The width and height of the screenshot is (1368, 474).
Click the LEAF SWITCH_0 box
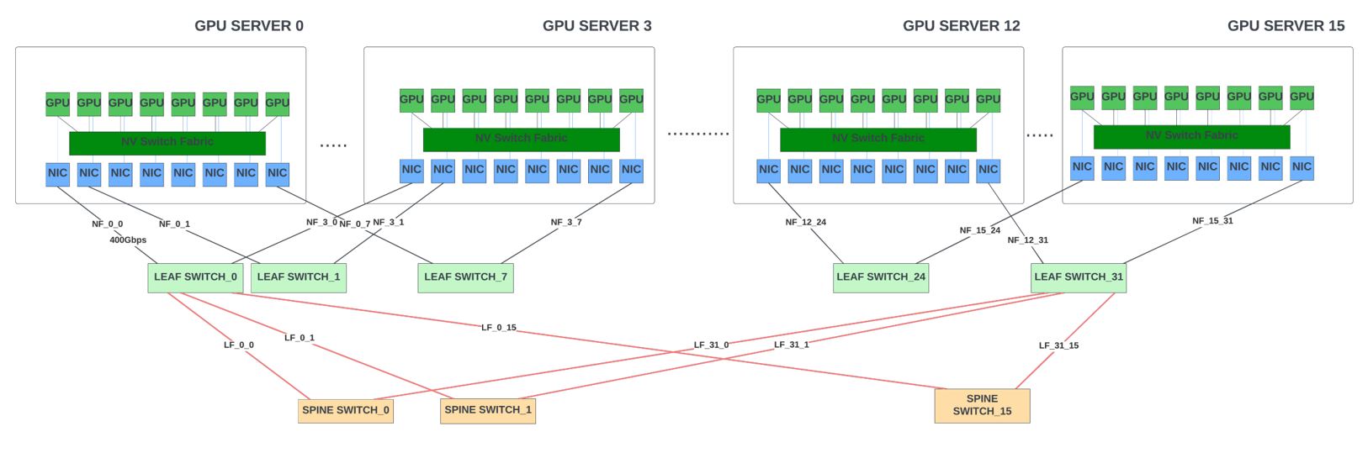tap(195, 277)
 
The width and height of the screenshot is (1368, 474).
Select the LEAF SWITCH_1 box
tap(299, 277)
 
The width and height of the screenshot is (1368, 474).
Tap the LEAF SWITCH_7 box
tap(465, 277)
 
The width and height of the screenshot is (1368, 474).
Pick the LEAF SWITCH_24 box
tap(881, 277)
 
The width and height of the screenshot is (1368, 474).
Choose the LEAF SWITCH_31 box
tap(1078, 277)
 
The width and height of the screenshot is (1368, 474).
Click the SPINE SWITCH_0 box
tap(346, 411)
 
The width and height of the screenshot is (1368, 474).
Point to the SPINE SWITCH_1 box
tap(488, 411)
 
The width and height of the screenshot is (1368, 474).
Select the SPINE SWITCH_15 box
tap(982, 406)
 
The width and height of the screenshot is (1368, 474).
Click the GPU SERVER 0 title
tap(249, 26)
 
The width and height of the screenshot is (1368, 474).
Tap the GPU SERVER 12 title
tap(961, 26)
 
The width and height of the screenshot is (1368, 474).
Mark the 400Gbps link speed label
tap(128, 240)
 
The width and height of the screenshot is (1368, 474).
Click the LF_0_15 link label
tap(499, 328)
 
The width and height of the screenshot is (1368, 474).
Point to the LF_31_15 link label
tap(1058, 345)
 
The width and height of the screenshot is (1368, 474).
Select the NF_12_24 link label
tap(806, 223)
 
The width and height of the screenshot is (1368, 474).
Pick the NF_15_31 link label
tap(1212, 221)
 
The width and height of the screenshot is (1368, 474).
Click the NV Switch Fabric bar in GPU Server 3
tap(521, 140)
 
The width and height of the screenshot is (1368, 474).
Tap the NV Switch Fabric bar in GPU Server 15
tap(1191, 136)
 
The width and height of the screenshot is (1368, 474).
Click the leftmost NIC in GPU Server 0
tap(58, 174)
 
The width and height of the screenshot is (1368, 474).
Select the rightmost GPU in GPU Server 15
tap(1302, 97)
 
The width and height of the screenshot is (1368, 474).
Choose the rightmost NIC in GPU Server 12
tap(988, 171)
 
